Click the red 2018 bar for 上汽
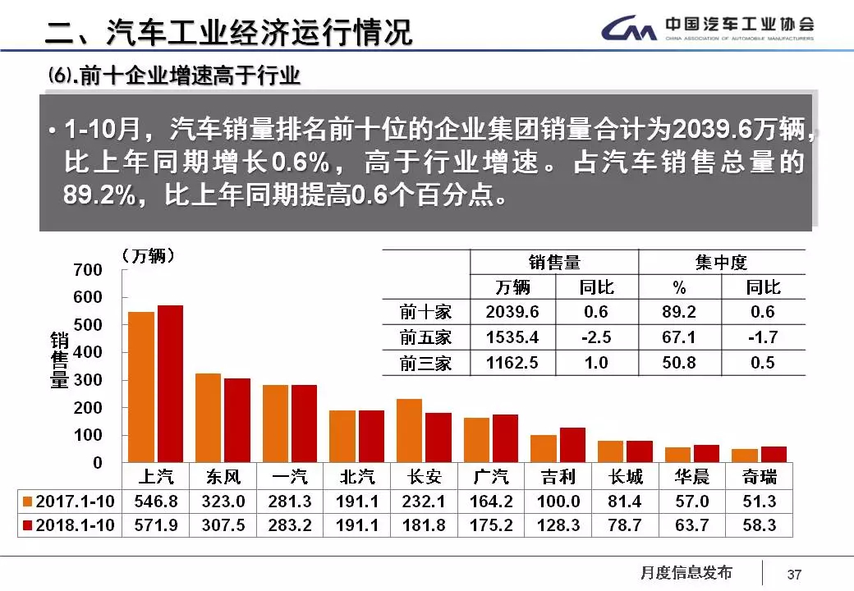[x=170, y=384]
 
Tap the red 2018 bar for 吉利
[x=572, y=445]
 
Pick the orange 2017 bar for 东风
[x=208, y=418]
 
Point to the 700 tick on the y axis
[x=89, y=270]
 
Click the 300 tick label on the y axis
[x=89, y=380]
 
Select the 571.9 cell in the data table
[x=155, y=525]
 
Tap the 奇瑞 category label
[x=759, y=477]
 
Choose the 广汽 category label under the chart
[x=491, y=477]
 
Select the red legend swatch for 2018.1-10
[x=28, y=525]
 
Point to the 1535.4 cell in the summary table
[x=512, y=337]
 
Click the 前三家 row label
[x=425, y=363]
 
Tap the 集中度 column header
[x=721, y=263]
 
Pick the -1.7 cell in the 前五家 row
[x=763, y=337]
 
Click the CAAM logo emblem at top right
[x=628, y=30]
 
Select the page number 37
[x=794, y=574]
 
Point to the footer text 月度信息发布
[x=686, y=573]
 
